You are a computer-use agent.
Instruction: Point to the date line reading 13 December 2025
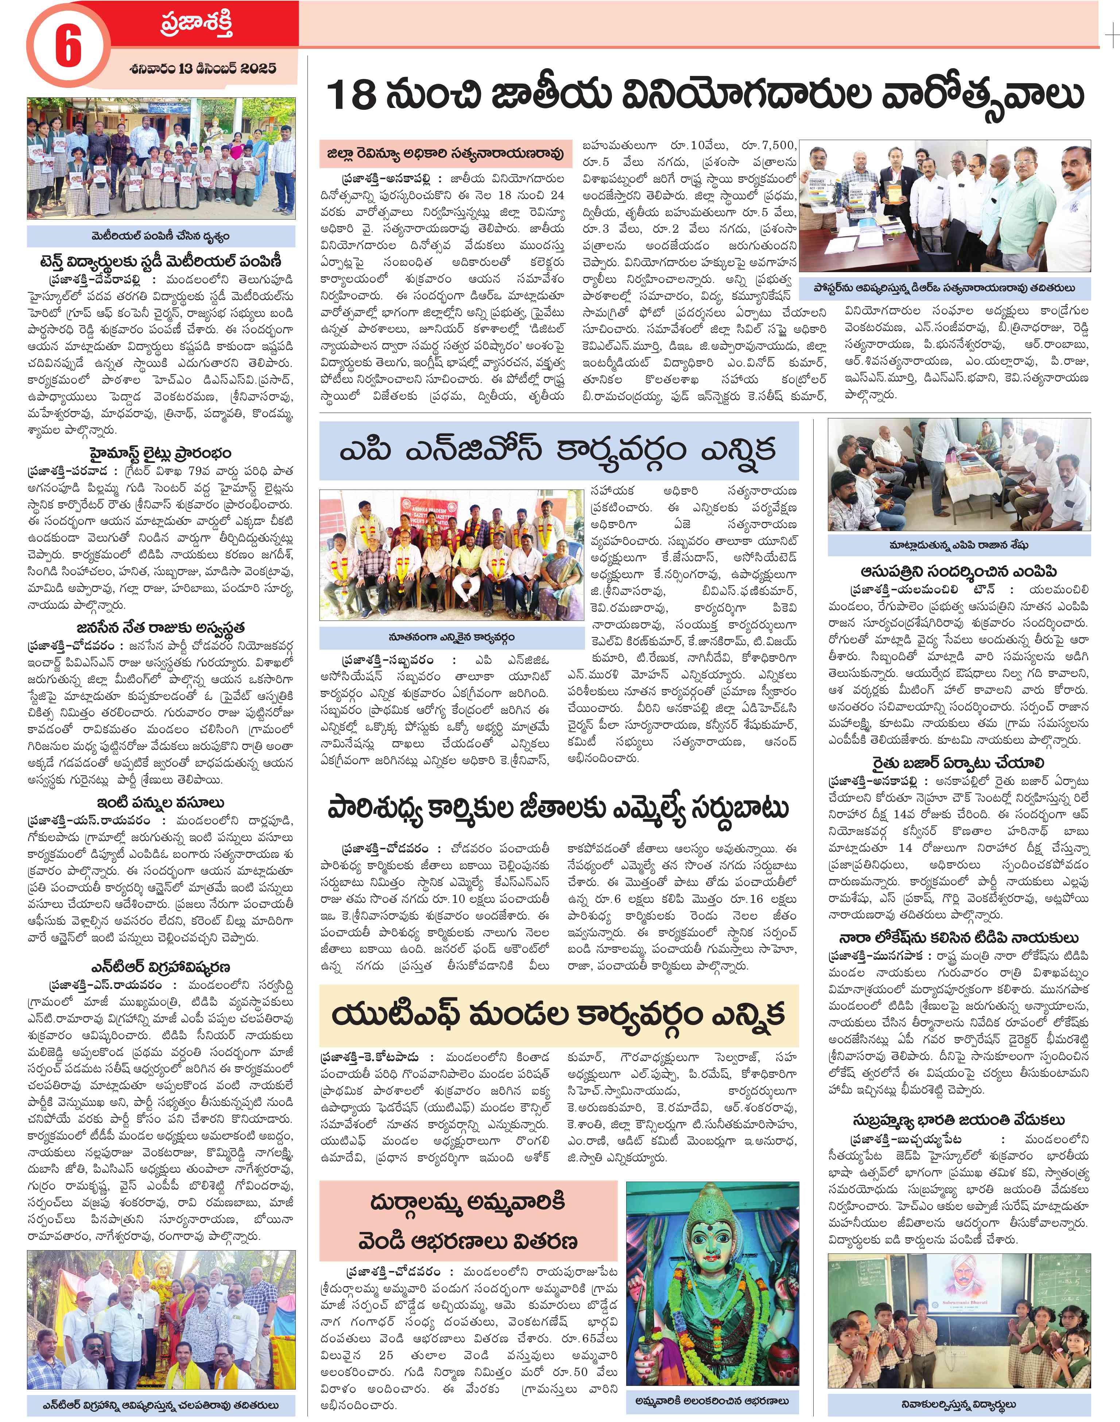point(203,68)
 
